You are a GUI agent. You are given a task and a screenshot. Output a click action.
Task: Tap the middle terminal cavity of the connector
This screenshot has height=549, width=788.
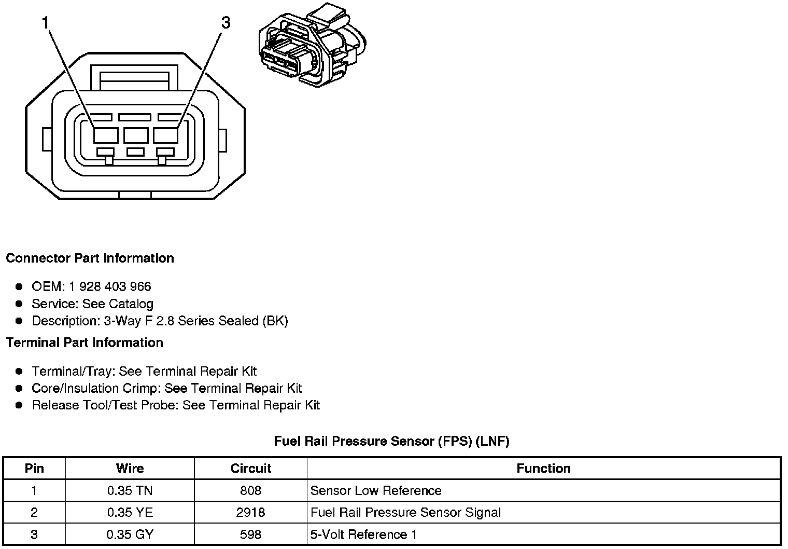tap(136, 135)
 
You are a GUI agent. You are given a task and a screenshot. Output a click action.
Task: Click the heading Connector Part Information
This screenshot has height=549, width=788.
tap(90, 258)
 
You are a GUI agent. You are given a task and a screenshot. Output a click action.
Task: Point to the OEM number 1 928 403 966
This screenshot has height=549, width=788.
tap(110, 286)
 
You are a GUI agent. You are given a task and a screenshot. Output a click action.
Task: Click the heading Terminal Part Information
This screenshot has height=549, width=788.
tap(85, 343)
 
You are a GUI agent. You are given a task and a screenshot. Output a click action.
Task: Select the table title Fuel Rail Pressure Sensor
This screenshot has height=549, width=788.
tap(391, 441)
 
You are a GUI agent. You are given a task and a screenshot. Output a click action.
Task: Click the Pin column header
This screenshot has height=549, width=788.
tap(34, 469)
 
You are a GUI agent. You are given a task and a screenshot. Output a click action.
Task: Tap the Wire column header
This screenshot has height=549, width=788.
tap(130, 469)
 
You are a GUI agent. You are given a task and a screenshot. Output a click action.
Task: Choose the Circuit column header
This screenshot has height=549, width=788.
tap(251, 469)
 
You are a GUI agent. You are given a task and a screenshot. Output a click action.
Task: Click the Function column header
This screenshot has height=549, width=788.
tap(543, 469)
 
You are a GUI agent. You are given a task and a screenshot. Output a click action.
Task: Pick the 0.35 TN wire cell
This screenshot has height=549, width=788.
tap(130, 491)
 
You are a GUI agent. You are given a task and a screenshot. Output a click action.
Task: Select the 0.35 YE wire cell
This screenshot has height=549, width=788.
tap(130, 513)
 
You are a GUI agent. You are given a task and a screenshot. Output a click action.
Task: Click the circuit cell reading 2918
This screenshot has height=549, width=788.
tap(251, 513)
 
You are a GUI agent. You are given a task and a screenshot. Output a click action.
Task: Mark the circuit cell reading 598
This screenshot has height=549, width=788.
tap(251, 534)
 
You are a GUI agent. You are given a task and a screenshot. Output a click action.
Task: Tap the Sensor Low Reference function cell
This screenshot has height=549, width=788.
tap(376, 491)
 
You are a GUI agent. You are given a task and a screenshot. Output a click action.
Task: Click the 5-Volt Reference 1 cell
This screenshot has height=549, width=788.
tap(363, 534)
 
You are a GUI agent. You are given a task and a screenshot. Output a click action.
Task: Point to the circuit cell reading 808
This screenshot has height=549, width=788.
tap(251, 491)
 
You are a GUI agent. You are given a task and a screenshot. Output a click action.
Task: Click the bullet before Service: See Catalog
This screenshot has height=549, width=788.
tap(19, 304)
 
